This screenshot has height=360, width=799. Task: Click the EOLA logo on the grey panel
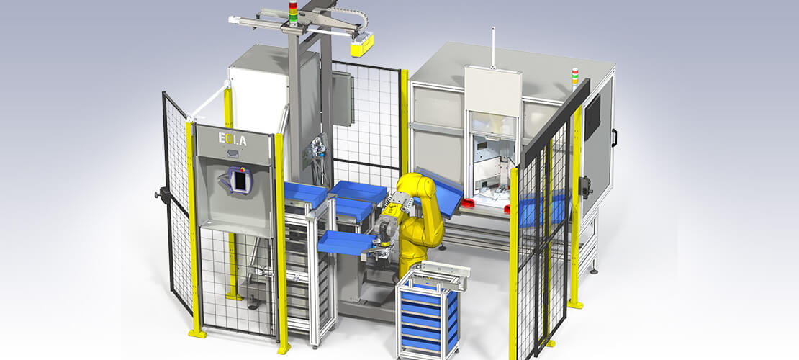(233, 139)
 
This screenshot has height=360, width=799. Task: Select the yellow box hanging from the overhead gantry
(362, 45)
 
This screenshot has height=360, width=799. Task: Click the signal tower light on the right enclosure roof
(575, 76)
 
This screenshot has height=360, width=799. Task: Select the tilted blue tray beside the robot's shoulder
(440, 191)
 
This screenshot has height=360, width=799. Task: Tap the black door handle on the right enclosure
(615, 138)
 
